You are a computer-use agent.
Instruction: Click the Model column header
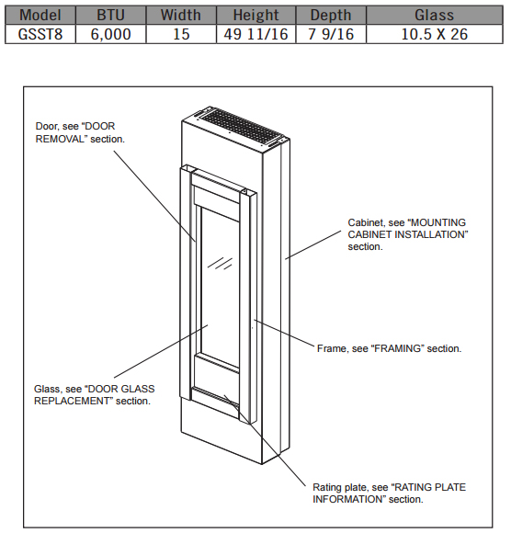tap(40, 16)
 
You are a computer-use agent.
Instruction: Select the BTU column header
tap(111, 16)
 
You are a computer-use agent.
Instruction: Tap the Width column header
tap(181, 16)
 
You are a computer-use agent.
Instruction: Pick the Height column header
tap(256, 16)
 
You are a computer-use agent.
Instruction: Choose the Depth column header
tap(331, 16)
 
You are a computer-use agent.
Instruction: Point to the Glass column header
tap(434, 16)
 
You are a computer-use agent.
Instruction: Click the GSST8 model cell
tap(40, 34)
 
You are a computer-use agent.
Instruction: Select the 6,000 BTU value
tap(111, 35)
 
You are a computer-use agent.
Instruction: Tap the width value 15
tap(181, 34)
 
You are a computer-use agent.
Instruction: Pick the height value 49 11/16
tap(256, 34)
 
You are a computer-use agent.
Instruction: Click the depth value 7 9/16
tap(331, 34)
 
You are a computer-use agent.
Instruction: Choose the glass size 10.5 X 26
tap(435, 34)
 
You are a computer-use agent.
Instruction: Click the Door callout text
tap(80, 132)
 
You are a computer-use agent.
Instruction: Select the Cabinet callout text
tap(408, 234)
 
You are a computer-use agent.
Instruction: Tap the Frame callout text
tap(390, 348)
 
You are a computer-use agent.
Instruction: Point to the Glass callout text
tap(94, 394)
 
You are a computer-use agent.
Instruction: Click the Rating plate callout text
tap(390, 493)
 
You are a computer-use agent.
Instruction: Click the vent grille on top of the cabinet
tap(241, 126)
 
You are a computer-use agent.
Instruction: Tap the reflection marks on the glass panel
tap(220, 263)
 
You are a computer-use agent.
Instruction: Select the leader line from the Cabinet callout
tap(313, 244)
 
